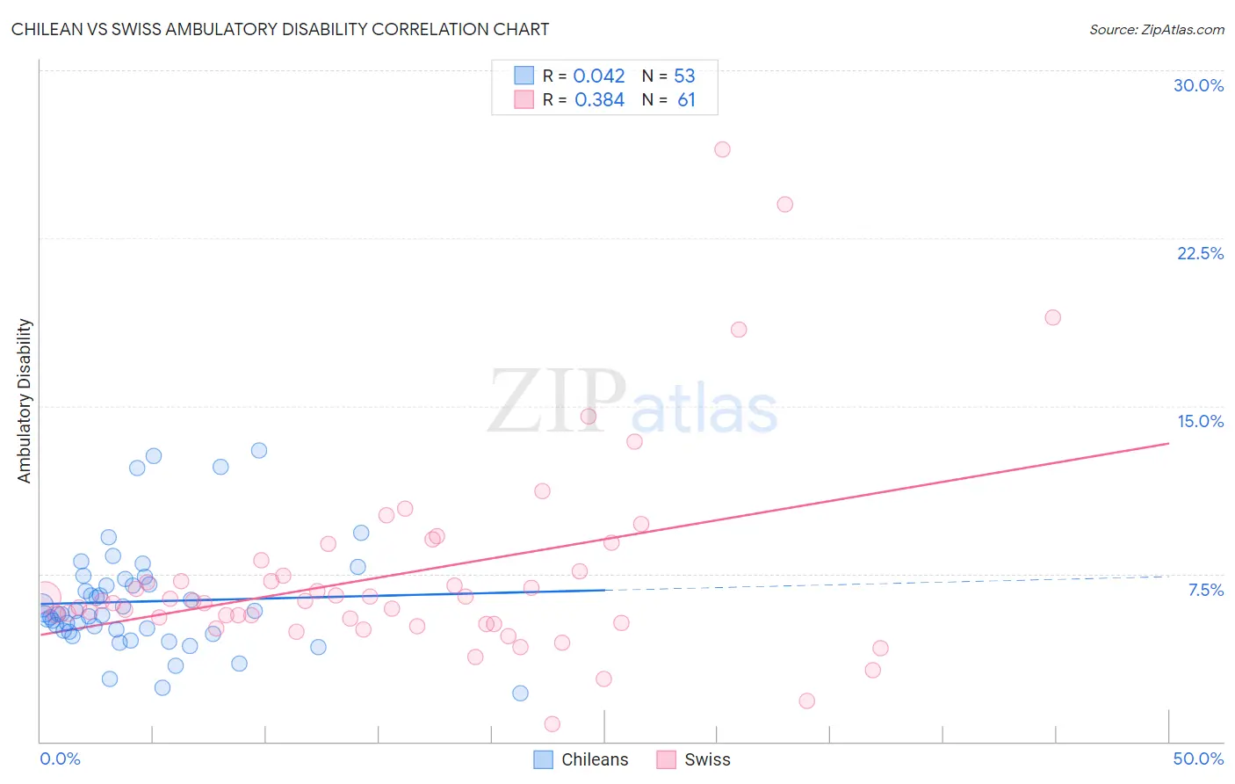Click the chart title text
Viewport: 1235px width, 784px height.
(x=280, y=29)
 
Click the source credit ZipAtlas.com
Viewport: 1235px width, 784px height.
(x=1156, y=29)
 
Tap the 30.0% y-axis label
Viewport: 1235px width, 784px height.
(x=1198, y=85)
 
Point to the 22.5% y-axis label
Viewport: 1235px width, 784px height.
(x=1200, y=253)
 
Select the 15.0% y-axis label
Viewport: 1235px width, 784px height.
(x=1200, y=421)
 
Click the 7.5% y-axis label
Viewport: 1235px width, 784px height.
(x=1205, y=590)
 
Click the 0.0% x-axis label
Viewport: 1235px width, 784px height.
(x=60, y=759)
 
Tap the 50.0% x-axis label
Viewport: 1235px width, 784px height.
(x=1198, y=759)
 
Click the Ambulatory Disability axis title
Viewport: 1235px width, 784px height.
(x=25, y=401)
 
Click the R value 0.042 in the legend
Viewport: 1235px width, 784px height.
(x=599, y=76)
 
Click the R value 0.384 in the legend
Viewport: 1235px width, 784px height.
(x=599, y=100)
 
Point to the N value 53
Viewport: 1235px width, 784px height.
(x=684, y=76)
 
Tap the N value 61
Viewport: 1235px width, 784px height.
(x=686, y=100)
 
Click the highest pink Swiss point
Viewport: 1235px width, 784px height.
(x=722, y=149)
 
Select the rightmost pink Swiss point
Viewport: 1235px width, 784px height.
(x=1052, y=317)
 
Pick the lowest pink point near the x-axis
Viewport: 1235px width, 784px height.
(x=552, y=724)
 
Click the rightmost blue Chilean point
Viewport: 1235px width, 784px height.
(x=520, y=693)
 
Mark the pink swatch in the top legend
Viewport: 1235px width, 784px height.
(x=524, y=99)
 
